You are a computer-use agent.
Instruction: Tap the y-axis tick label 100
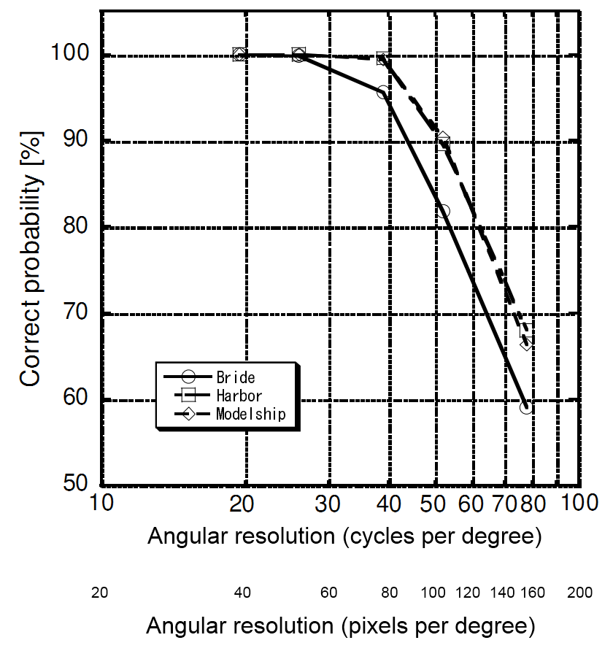[x=69, y=55]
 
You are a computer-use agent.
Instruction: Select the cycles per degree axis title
[x=344, y=536]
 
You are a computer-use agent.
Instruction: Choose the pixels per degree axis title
[x=340, y=625]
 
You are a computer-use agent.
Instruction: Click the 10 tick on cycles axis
[x=101, y=503]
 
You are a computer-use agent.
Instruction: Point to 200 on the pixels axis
[x=579, y=592]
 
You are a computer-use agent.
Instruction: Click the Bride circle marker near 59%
[x=525, y=407]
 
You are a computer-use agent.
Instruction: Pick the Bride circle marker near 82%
[x=443, y=211]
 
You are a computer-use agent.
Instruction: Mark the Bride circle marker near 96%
[x=383, y=93]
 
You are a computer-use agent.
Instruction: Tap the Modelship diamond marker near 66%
[x=526, y=342]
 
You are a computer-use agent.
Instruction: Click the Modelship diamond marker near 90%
[x=443, y=139]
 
